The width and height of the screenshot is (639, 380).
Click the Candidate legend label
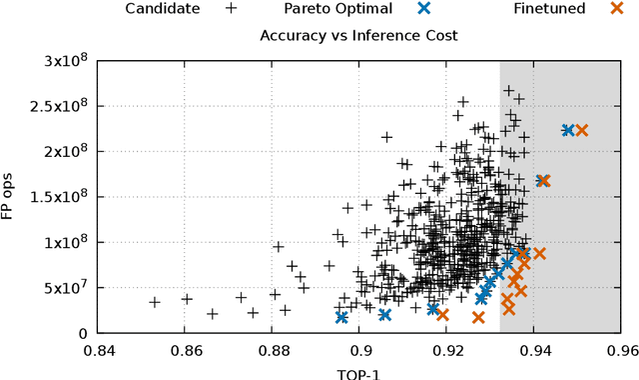pyautogui.click(x=163, y=9)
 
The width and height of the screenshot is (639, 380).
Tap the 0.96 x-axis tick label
pyautogui.click(x=621, y=351)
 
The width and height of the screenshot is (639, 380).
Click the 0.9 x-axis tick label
pyautogui.click(x=360, y=351)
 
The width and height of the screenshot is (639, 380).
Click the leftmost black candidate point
pyautogui.click(x=155, y=301)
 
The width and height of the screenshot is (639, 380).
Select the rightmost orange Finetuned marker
pyautogui.click(x=581, y=130)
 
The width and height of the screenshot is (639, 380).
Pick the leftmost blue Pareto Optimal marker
pyautogui.click(x=341, y=317)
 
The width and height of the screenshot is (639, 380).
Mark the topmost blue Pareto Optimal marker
pyautogui.click(x=567, y=130)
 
